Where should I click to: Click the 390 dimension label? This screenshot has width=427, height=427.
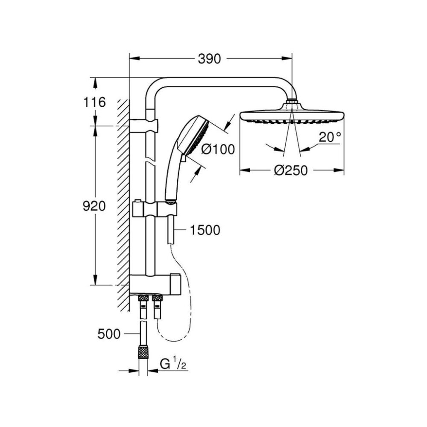[209, 59]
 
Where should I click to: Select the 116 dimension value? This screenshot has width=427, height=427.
[94, 102]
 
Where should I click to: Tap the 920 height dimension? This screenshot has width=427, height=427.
[94, 206]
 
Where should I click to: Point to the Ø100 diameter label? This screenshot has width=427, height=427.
[218, 149]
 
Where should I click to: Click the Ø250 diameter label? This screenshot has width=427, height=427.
[290, 171]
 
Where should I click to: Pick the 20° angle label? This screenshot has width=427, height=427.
[330, 137]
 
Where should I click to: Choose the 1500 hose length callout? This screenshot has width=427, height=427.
[205, 230]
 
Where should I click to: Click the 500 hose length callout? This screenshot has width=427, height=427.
[109, 334]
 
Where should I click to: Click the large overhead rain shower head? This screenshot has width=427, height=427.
[292, 115]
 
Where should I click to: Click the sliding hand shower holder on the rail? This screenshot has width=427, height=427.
[155, 209]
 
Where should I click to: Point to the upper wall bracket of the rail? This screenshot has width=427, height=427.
[143, 126]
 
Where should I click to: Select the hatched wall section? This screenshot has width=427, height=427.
[123, 206]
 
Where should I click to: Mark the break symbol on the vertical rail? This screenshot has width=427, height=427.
[150, 161]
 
